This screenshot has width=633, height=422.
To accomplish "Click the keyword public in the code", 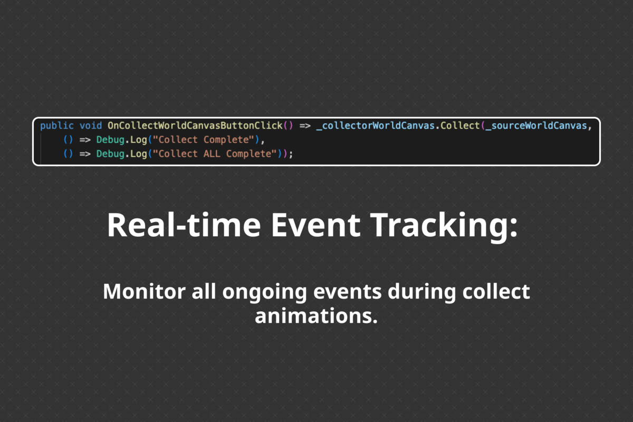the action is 57,126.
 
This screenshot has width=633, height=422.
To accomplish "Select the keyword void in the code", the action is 91,126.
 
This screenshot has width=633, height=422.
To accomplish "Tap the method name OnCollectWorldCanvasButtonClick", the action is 195,126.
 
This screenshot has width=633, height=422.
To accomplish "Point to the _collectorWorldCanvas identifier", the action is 376,126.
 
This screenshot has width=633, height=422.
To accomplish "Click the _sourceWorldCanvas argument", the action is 536,126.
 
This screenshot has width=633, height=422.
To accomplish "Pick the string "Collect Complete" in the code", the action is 204,140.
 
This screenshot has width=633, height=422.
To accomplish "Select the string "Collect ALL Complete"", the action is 215,154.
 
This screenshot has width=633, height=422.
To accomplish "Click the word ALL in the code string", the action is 212,154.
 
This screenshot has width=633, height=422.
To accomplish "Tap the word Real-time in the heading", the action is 184,225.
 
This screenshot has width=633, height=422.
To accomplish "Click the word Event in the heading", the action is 315,225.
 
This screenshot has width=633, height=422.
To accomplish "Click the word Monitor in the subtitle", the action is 144,291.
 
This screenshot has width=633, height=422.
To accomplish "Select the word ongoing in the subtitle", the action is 264,293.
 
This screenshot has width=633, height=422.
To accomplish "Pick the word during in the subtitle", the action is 421,293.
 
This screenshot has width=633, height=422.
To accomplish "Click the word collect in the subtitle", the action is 496,291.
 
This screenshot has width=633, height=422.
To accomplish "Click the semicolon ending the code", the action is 291,155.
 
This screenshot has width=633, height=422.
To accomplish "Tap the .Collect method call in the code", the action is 457,126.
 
